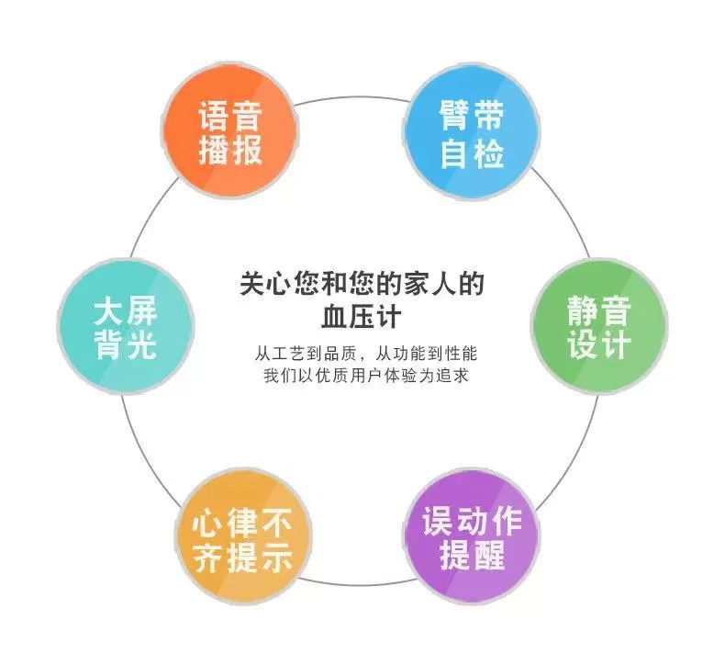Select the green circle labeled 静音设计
pyautogui.click(x=598, y=328)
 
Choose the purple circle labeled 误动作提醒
pyautogui.click(x=472, y=536)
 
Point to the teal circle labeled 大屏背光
pyautogui.click(x=126, y=328)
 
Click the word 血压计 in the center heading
pyautogui.click(x=362, y=316)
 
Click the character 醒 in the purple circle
pyautogui.click(x=488, y=555)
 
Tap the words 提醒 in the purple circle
pyautogui.click(x=472, y=555)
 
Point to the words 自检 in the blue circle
pyautogui.click(x=472, y=152)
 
